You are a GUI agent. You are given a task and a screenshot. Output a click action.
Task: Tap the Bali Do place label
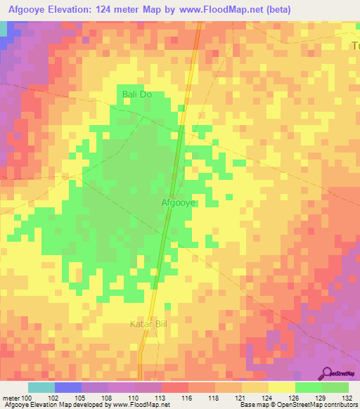(137, 94)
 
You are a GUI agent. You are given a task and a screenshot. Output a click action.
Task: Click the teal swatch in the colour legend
(41, 387)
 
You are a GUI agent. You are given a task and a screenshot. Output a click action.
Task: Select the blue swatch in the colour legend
(68, 387)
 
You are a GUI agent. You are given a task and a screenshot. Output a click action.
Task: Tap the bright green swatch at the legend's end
(335, 387)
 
